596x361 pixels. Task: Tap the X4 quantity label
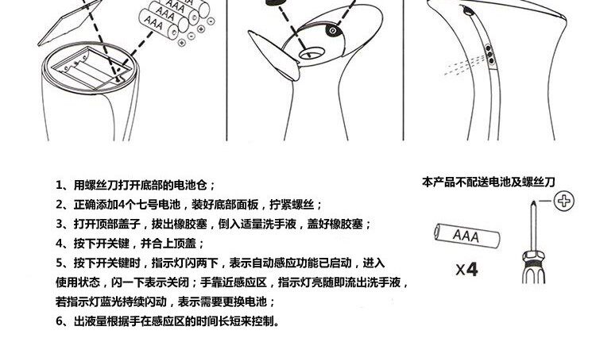click(467, 270)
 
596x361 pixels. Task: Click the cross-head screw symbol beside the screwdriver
click(564, 202)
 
